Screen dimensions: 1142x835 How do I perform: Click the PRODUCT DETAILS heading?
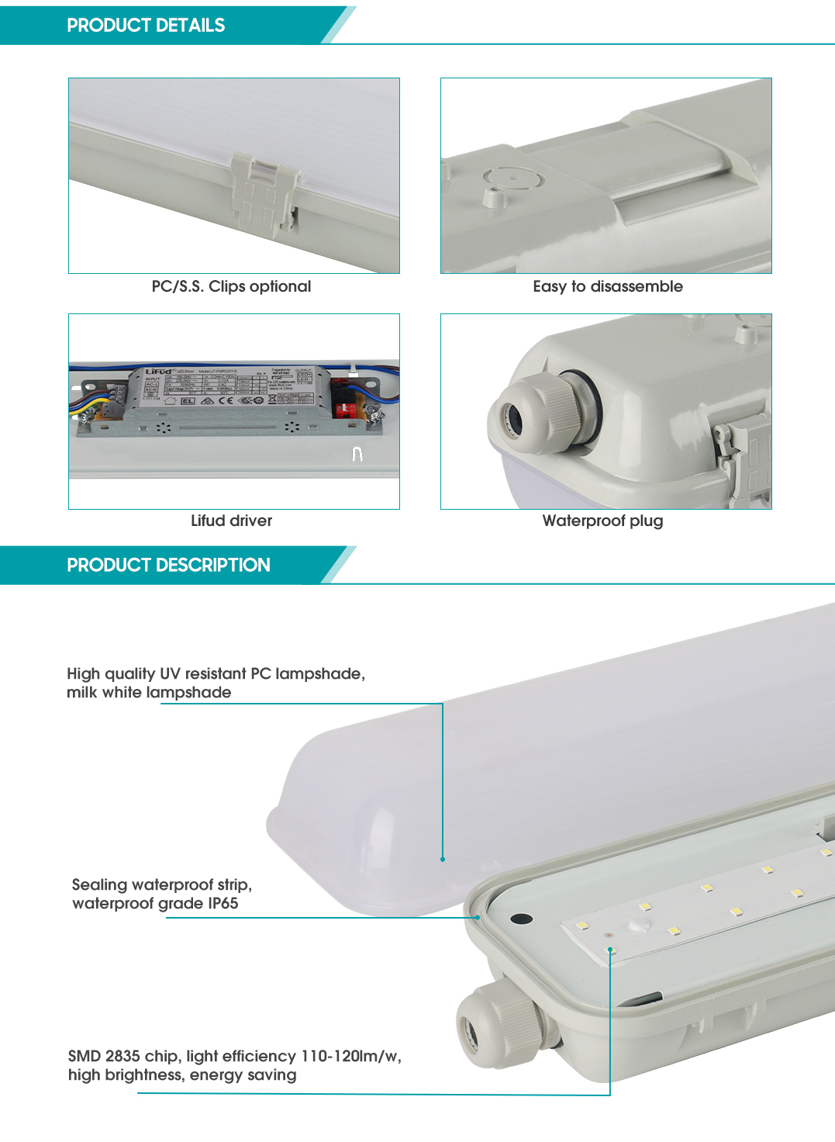146,26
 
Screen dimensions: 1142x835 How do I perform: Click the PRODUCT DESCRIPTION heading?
168,565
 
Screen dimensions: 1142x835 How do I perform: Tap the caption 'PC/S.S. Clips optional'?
231,286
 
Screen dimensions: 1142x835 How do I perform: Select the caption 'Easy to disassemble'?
608,286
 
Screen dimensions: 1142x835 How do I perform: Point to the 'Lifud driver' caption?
231,521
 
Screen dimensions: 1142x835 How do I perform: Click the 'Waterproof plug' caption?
602,521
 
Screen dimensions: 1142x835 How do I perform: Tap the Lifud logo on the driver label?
158,372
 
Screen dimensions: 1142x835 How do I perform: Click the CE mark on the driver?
226,400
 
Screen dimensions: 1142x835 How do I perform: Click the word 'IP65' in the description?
223,903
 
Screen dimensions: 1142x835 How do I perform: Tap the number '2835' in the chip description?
122,1056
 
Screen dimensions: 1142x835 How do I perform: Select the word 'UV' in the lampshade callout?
170,673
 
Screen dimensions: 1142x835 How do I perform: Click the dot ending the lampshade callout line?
443,859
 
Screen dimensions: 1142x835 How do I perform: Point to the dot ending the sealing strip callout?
478,917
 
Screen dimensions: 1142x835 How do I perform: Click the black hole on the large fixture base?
521,919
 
